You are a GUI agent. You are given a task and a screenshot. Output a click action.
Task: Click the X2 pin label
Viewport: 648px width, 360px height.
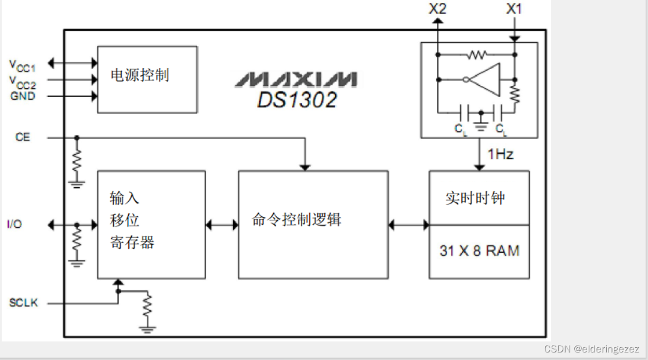pos(437,9)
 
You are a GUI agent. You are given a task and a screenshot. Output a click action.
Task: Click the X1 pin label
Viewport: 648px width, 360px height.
pos(514,9)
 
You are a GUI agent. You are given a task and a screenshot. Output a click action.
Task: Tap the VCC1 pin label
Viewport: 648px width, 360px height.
pos(23,65)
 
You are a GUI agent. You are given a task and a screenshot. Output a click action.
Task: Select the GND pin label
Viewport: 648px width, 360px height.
pos(23,96)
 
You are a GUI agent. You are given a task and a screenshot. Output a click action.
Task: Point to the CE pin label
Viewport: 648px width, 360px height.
pos(23,137)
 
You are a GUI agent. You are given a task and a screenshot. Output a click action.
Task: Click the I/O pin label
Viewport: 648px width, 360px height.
pos(15,224)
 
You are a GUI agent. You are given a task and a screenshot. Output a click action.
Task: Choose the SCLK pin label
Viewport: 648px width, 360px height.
pos(23,303)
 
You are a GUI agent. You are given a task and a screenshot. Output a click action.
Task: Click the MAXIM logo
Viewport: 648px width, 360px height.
pos(296,79)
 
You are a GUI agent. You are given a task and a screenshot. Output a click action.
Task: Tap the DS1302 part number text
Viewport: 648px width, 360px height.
pos(297,100)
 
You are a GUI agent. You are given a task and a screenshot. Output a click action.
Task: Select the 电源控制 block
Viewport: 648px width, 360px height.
pos(147,79)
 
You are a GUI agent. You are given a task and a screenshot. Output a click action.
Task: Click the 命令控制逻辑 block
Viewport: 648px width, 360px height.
pos(313,224)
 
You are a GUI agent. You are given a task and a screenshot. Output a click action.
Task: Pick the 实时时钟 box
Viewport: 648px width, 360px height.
pos(479,198)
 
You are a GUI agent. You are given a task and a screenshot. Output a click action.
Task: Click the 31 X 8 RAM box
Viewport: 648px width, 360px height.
pos(479,251)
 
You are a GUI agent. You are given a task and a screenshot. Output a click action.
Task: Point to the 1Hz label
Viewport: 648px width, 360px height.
pos(500,155)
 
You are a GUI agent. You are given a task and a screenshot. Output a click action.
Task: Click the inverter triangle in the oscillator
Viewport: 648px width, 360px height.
pos(484,79)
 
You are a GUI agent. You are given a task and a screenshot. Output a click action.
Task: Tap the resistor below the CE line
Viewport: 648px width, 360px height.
pos(77,159)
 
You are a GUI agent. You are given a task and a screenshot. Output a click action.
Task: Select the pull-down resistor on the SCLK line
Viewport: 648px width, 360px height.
pos(147,306)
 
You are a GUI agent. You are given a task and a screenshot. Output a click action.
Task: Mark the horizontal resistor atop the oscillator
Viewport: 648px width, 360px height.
pos(476,55)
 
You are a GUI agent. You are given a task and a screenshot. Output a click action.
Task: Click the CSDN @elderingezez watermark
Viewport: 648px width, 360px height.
pos(591,349)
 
